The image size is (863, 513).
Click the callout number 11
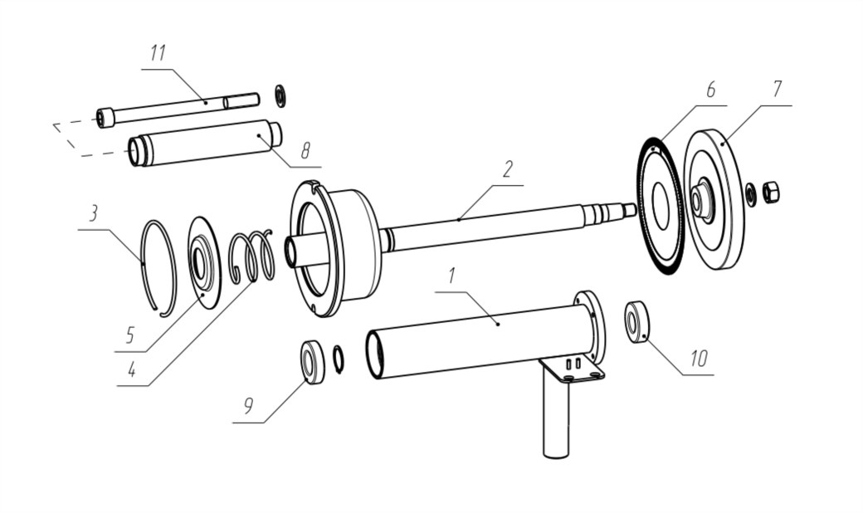coord(158,54)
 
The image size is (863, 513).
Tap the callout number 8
coord(305,149)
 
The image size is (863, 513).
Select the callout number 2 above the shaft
coord(508,169)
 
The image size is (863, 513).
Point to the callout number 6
coord(710,89)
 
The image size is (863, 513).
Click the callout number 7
coord(777,89)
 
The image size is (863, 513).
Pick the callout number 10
coord(699,359)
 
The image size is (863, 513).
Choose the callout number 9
coord(248,406)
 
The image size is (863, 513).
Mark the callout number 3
coord(94,213)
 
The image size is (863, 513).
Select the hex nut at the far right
coord(771,192)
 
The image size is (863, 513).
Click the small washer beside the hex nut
coord(749,195)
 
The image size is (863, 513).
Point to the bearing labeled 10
coord(636,322)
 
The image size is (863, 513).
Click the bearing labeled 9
coord(313,362)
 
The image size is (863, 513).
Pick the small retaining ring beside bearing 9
coord(339,359)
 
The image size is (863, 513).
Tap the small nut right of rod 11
coord(280,96)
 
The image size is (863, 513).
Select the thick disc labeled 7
coord(713,199)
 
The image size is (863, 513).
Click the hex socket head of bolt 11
coord(105,118)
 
